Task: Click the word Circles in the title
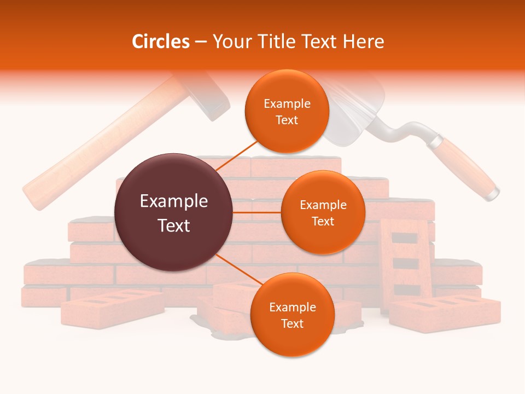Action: coord(161,42)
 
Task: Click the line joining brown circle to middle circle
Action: coord(257,212)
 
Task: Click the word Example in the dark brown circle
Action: coord(174,201)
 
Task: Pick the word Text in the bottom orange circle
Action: coord(292,323)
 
